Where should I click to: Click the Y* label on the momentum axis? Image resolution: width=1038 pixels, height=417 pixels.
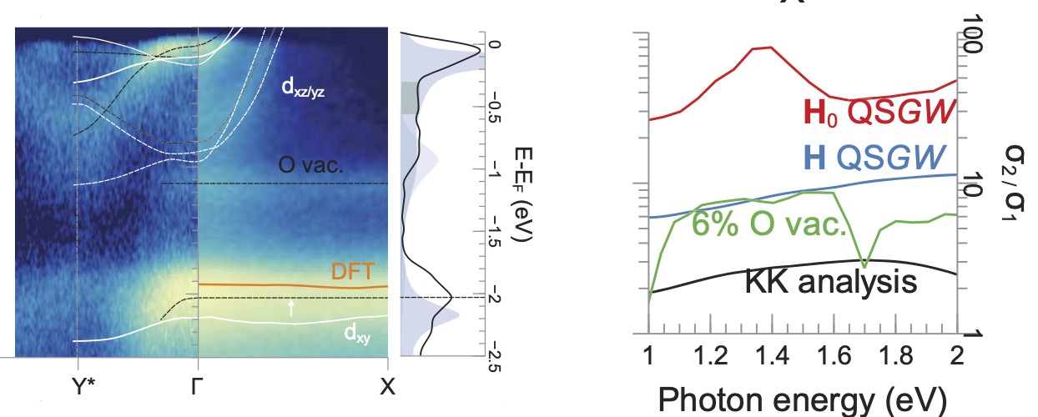click(x=77, y=388)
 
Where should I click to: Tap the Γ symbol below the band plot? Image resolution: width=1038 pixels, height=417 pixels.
click(x=197, y=388)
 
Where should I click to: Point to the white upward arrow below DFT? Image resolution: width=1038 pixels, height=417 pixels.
click(x=290, y=308)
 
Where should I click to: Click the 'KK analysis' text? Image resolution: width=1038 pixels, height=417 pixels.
click(x=829, y=282)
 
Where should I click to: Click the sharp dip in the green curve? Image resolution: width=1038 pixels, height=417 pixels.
click(x=864, y=265)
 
